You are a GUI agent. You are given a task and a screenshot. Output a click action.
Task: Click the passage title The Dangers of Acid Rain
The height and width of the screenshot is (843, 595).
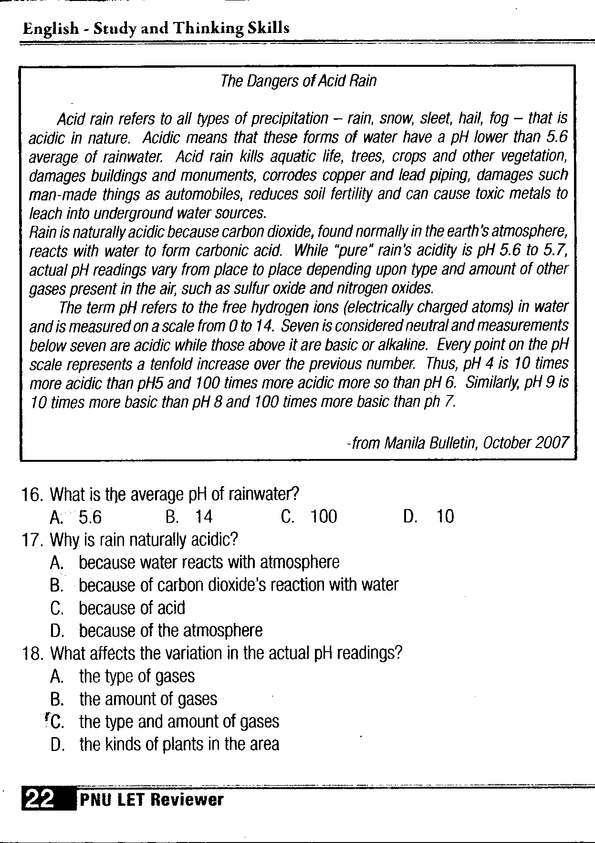298,81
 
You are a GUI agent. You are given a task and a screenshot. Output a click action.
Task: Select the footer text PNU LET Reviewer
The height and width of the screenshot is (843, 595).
151,800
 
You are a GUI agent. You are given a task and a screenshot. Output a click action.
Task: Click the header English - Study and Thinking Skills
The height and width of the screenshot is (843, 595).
156,28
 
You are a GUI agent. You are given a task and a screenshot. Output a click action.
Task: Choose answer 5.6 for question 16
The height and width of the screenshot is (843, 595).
90,517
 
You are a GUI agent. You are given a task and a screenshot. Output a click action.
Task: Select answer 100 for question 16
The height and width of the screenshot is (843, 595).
324,517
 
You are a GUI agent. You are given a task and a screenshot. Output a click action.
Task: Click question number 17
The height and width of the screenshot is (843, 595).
33,540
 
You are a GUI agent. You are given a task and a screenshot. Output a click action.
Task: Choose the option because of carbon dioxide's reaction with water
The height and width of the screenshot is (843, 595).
239,585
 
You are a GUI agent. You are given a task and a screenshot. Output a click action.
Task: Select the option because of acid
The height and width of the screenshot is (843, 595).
132,608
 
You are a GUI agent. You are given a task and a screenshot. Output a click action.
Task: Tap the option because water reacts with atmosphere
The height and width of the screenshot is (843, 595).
209,562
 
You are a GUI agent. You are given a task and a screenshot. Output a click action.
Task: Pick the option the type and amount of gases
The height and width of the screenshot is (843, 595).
179,722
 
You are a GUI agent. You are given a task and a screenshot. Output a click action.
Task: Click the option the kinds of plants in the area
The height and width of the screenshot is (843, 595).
179,744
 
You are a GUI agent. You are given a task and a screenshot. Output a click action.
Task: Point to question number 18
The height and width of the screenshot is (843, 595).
33,653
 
